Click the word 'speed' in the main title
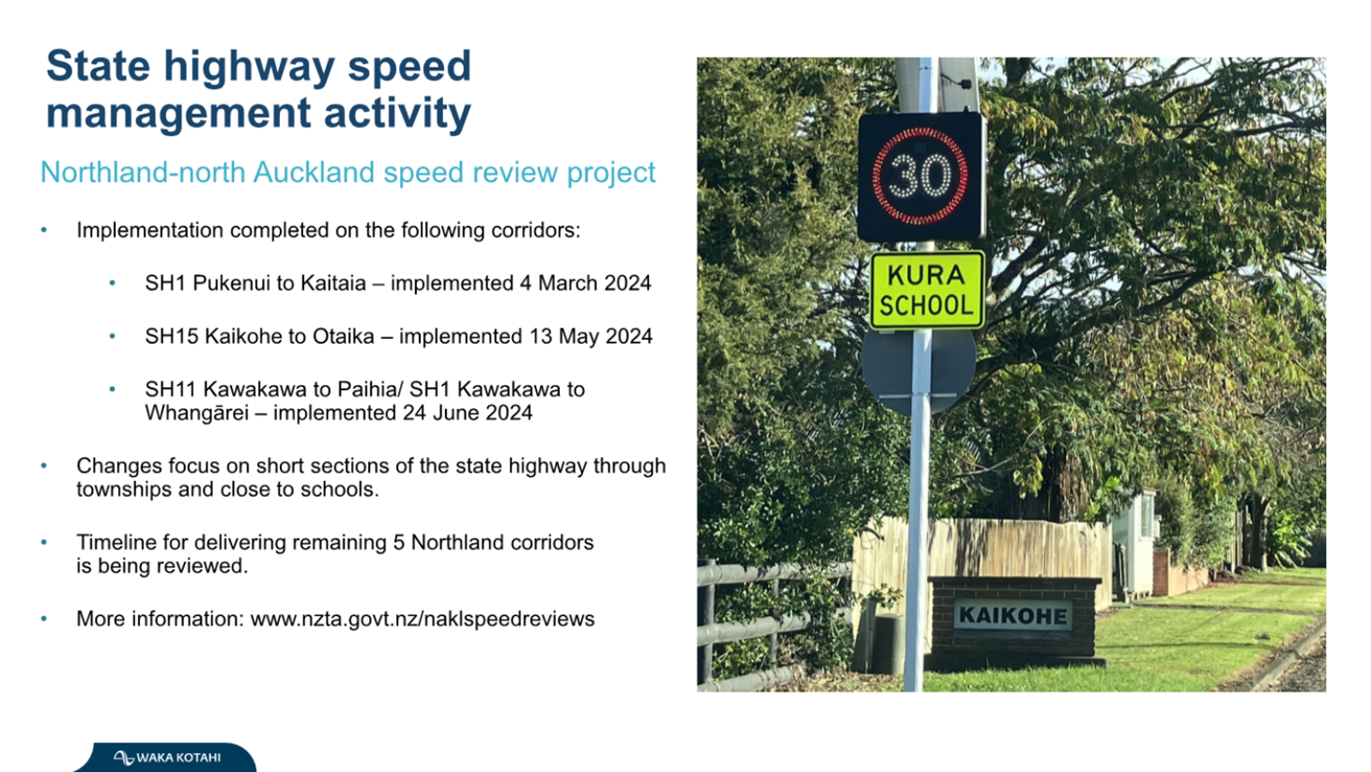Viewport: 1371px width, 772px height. (x=409, y=67)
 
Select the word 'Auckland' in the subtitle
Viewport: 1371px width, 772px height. (x=314, y=172)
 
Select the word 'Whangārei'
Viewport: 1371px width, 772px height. (x=196, y=412)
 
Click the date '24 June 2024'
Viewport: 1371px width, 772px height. (x=467, y=412)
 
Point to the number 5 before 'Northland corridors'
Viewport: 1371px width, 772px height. (x=398, y=543)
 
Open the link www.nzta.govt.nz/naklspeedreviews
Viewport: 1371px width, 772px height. (x=423, y=619)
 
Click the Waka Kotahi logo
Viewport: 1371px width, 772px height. (x=166, y=757)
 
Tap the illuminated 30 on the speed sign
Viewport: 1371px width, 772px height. (x=920, y=177)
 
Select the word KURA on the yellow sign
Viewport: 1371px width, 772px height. (x=926, y=275)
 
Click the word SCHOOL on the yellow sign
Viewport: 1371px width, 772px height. (x=926, y=305)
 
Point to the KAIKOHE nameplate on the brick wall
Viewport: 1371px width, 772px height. (x=1013, y=615)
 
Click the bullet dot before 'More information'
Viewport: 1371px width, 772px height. (x=44, y=619)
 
